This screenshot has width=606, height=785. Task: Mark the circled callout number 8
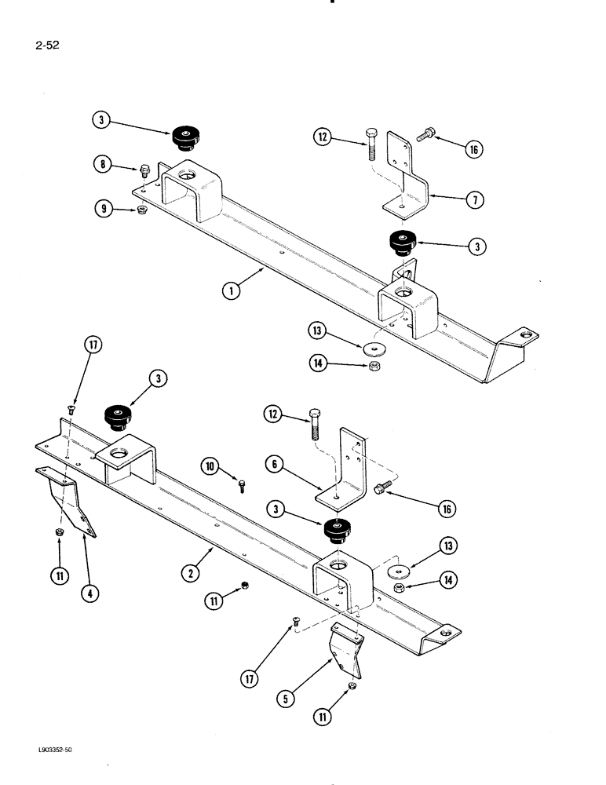tap(101, 166)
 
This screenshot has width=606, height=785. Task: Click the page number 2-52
tap(49, 45)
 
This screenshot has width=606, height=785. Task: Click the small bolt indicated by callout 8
tap(144, 170)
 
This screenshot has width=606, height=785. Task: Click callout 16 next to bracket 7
tap(473, 148)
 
